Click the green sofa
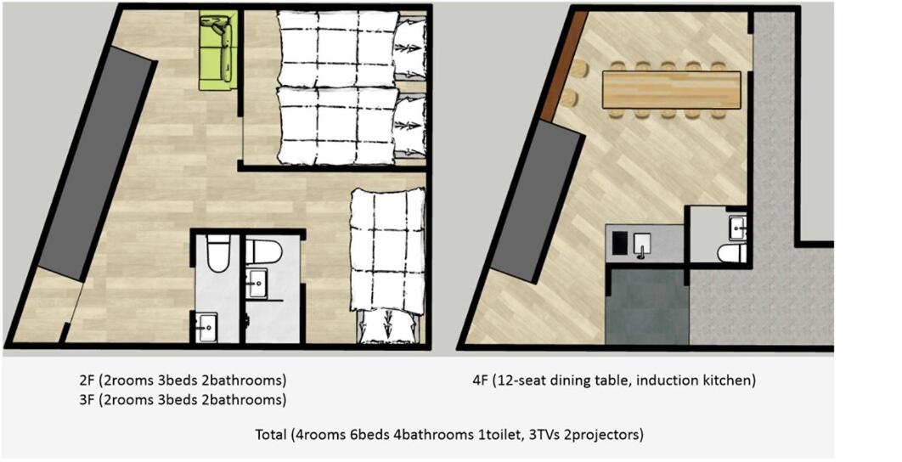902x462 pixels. (x=218, y=51)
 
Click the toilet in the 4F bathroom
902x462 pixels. (x=731, y=253)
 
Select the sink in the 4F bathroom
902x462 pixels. (x=737, y=227)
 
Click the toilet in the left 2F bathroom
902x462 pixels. (x=218, y=255)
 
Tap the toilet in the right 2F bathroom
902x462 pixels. (x=265, y=251)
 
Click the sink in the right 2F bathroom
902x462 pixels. (x=257, y=283)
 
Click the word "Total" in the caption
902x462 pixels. (x=271, y=435)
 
